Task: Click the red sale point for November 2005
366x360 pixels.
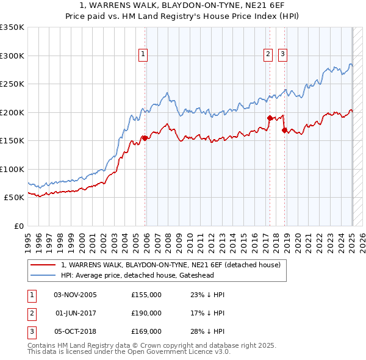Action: [x=145, y=138]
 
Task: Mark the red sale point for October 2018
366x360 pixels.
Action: [x=284, y=129]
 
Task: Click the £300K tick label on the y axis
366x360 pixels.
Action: [x=12, y=56]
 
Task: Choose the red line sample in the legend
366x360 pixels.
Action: [x=44, y=265]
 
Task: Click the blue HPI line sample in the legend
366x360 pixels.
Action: [x=44, y=275]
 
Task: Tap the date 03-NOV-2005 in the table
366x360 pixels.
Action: [x=75, y=295]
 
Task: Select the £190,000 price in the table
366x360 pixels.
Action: [x=146, y=313]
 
